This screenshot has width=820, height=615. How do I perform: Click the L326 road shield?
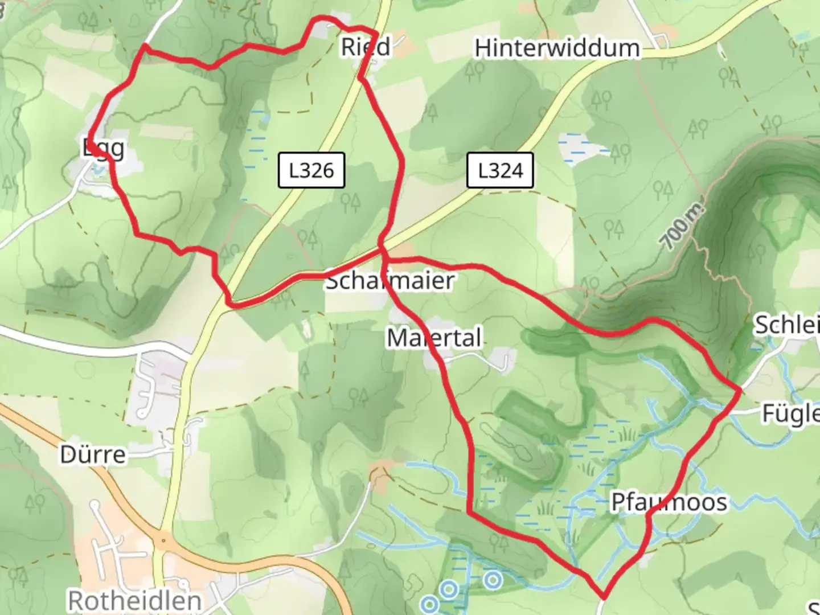click(x=311, y=170)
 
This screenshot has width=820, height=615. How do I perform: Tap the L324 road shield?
click(x=500, y=170)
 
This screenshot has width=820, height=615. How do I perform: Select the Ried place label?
click(x=366, y=47)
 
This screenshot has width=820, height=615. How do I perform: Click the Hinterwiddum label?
click(x=557, y=48)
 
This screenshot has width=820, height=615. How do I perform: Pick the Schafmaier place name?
click(x=390, y=281)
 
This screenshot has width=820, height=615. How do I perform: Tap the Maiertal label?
click(x=434, y=338)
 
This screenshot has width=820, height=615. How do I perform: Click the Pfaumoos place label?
click(x=669, y=502)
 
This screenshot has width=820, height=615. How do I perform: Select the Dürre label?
click(x=93, y=455)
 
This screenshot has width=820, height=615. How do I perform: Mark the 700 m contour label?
click(x=683, y=227)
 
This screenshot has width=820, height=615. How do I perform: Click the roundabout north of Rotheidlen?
click(x=163, y=540)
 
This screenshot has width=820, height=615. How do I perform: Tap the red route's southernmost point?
click(x=603, y=597)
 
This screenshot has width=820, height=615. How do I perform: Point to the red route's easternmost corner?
click(x=740, y=390)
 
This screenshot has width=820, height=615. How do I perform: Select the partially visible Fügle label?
click(x=791, y=414)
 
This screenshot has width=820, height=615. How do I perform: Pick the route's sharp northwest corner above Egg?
click(x=145, y=45)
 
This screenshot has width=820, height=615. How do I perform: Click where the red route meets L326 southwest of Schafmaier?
click(x=230, y=304)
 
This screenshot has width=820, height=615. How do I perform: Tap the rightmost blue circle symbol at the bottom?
click(x=493, y=580)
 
